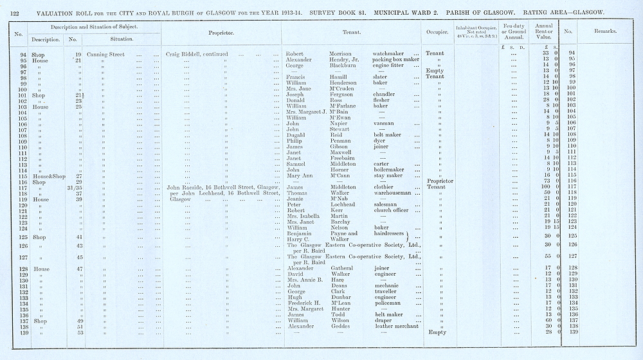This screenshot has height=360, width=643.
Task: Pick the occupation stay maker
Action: coord(388,175)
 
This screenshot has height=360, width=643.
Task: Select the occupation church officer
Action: coord(391,210)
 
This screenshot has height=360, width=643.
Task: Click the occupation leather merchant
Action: coord(395,326)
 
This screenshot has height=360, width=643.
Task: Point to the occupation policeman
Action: coord(387,303)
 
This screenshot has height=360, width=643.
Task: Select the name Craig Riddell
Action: coord(183,54)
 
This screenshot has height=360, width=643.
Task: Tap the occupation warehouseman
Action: coord(393,193)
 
